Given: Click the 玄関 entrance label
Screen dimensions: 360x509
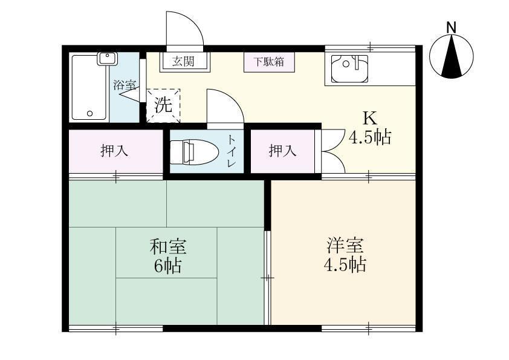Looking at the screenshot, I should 184,61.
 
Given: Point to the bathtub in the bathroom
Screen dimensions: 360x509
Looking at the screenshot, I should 89,87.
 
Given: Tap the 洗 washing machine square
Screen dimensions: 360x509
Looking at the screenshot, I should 163,105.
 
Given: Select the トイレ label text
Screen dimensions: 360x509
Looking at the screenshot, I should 232,151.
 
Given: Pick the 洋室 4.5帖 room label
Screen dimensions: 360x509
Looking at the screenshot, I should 346,255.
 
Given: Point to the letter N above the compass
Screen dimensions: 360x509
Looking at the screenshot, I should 451,27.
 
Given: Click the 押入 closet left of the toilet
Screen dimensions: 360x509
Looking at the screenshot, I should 114,151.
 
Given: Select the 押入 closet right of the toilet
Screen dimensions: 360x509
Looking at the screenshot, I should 282,151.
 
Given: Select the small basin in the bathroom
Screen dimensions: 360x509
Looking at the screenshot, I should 108,59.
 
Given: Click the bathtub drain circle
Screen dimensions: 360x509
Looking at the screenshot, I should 89,113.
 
